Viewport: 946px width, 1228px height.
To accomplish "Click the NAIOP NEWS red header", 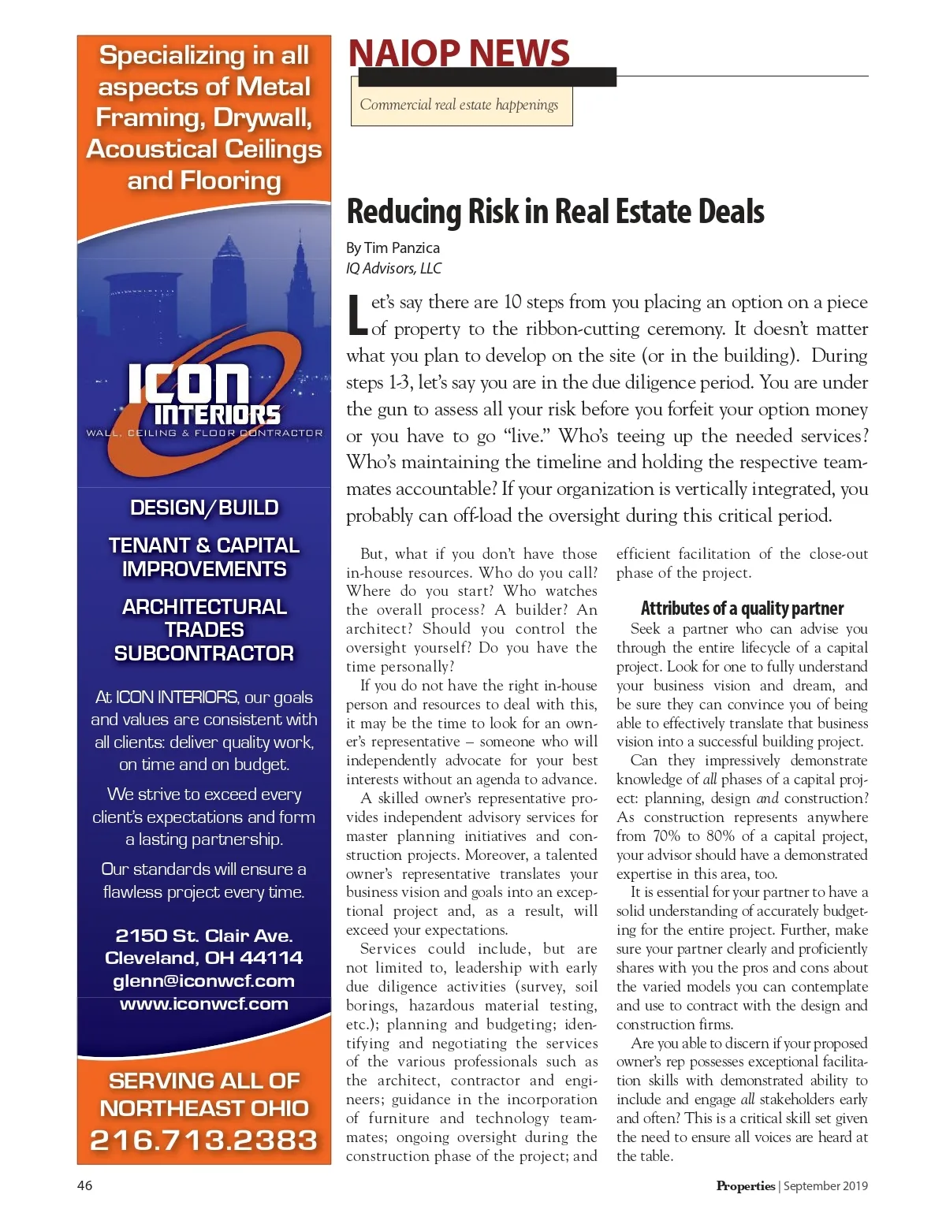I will click(459, 54).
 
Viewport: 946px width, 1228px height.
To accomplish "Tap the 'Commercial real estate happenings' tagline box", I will click(460, 105).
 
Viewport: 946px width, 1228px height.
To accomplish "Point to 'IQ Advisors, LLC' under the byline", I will click(394, 268).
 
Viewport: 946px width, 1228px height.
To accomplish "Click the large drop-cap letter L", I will click(357, 314).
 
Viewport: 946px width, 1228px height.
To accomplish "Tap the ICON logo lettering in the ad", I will click(189, 384).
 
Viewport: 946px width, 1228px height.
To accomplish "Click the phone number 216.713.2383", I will click(204, 1140).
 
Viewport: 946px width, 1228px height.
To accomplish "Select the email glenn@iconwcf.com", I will click(204, 981).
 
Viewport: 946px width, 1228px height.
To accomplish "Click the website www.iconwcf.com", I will click(204, 1003).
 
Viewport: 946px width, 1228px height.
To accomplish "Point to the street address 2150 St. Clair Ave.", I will click(204, 936).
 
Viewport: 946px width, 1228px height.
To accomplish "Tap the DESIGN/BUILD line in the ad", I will click(204, 508).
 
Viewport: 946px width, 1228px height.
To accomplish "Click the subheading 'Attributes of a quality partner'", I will click(742, 608).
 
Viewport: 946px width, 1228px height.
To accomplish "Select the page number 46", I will click(84, 1185).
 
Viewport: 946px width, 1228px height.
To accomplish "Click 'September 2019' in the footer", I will click(825, 1185).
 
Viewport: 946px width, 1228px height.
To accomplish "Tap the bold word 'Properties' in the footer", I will click(745, 1185).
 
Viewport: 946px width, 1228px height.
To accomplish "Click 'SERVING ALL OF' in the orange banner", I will click(204, 1081).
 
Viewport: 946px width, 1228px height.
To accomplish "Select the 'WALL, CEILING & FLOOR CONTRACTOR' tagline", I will click(204, 433).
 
